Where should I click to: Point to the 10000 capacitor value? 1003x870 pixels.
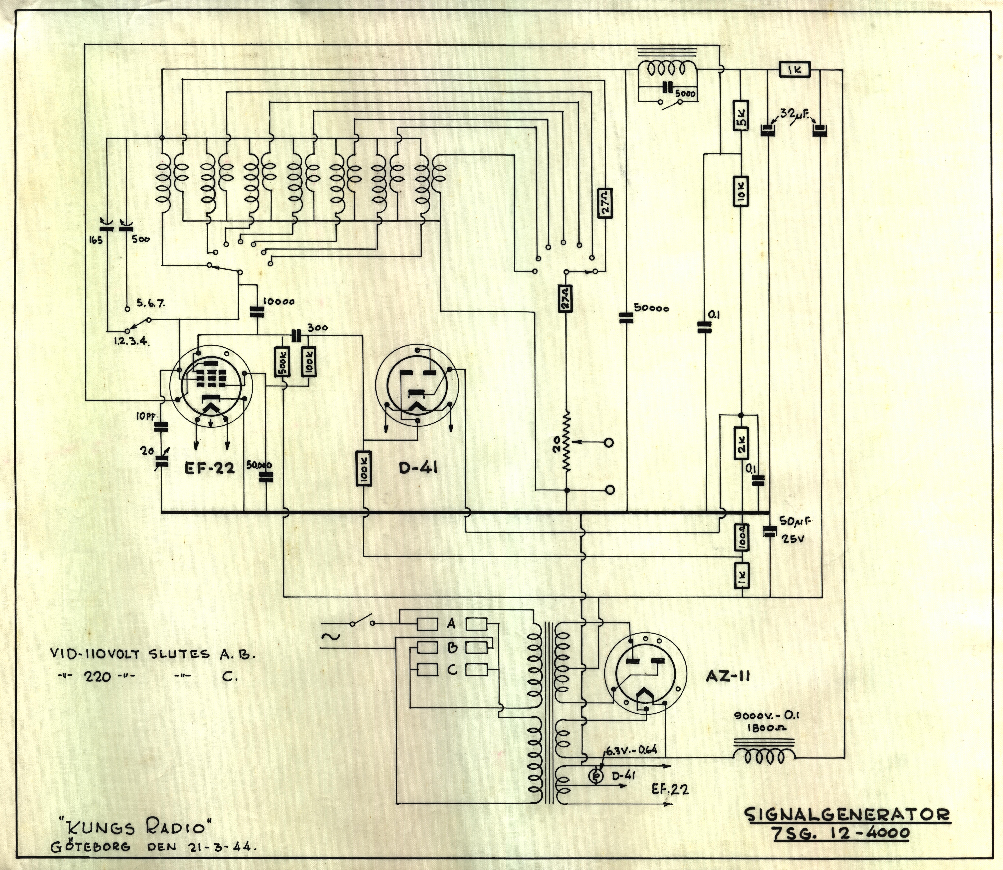pos(279,302)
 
